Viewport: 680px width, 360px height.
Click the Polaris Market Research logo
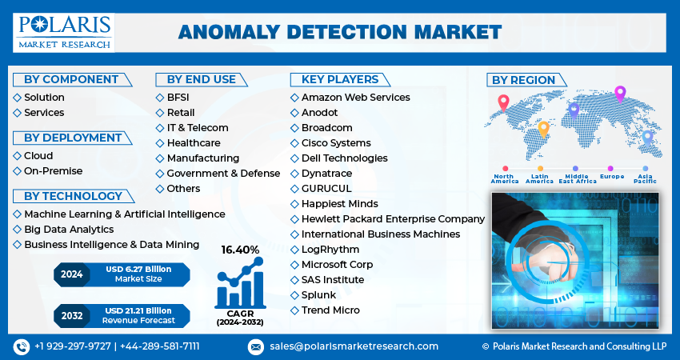(65, 31)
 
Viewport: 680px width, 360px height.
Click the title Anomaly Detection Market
(340, 31)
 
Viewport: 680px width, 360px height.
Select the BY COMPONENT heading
(71, 79)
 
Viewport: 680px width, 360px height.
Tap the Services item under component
(44, 113)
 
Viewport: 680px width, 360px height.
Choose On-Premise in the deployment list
(53, 170)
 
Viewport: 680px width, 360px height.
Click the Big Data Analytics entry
(69, 229)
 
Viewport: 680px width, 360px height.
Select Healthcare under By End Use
(194, 143)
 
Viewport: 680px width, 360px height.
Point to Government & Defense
(223, 174)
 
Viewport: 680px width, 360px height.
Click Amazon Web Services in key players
(355, 98)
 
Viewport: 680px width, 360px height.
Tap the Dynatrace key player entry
(326, 174)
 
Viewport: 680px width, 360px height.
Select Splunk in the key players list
(319, 295)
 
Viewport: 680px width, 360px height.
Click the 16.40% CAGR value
(240, 250)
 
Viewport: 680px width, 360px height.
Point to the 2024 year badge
(71, 274)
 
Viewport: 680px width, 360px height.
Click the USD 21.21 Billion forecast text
(138, 310)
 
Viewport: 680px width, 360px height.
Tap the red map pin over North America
(503, 102)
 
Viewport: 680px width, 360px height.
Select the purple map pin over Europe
(619, 94)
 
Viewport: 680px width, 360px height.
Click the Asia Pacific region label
(645, 179)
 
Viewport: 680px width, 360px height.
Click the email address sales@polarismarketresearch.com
(354, 346)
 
